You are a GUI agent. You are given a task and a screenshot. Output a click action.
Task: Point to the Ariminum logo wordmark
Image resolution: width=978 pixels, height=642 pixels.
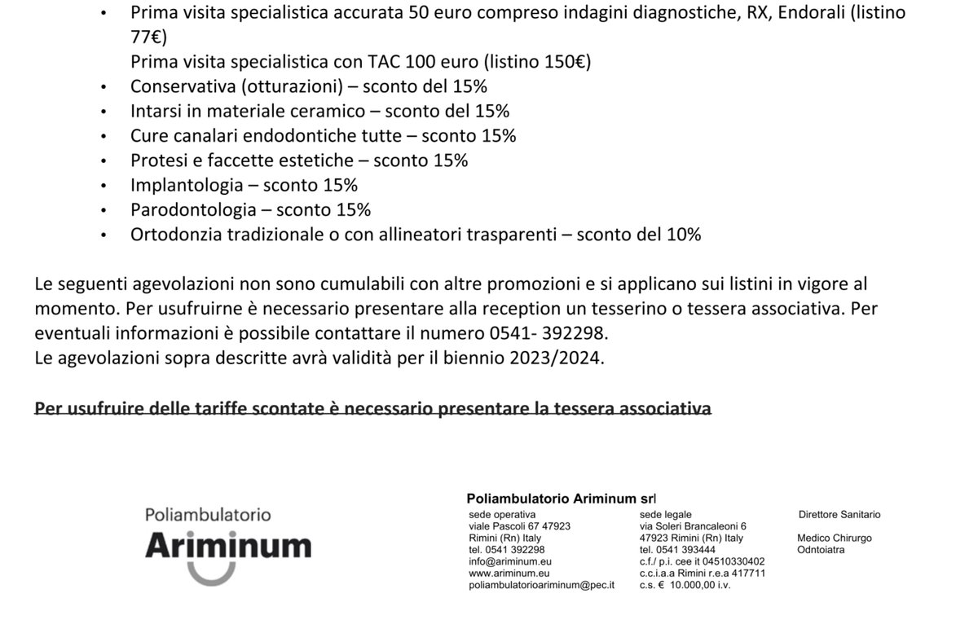(227, 545)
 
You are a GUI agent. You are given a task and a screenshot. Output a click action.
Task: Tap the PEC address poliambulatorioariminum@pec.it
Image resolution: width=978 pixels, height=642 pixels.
(542, 585)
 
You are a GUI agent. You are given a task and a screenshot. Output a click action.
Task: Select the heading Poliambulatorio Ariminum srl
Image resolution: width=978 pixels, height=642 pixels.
(561, 498)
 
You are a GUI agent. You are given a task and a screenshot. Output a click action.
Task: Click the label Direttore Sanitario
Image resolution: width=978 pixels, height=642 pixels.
(839, 515)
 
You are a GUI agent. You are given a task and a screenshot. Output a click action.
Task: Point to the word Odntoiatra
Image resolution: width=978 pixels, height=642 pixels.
(821, 550)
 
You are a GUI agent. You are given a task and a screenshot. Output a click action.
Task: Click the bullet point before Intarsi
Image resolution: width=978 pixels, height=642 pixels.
(103, 112)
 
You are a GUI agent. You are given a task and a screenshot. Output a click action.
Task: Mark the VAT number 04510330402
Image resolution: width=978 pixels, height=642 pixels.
(730, 561)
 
